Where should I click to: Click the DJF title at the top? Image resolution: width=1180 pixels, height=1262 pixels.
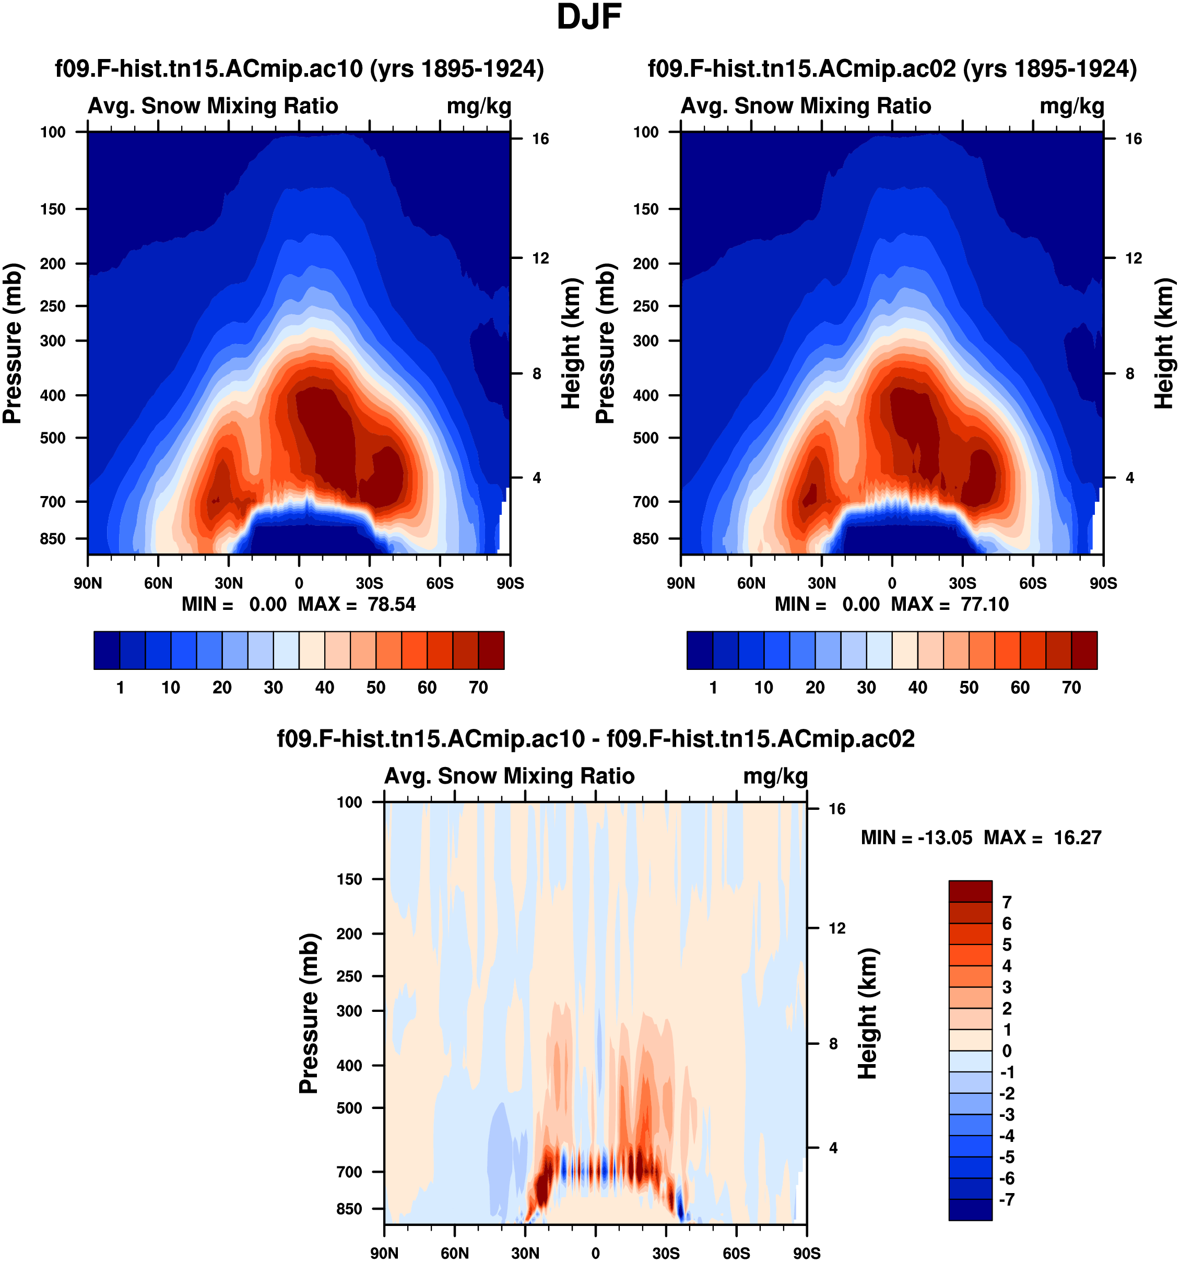pos(588,18)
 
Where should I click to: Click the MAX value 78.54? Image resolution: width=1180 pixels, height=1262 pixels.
pos(392,604)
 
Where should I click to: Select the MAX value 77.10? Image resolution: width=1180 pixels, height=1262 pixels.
pos(985,604)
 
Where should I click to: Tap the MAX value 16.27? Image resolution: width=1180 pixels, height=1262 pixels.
pos(1077,838)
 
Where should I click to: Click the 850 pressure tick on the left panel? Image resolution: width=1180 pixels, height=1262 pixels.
pos(53,539)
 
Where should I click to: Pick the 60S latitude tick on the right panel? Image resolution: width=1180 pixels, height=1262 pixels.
pos(1033,583)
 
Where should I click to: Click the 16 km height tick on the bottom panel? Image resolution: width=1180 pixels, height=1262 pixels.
pos(836,809)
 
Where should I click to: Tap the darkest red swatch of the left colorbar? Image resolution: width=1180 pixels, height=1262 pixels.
pos(491,650)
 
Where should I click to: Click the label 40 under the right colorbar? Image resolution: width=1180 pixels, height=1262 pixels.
pos(917,688)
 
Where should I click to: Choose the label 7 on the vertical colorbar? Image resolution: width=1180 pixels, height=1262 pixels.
pos(1007,902)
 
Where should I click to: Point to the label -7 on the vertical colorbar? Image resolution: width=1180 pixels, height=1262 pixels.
pos(1007,1200)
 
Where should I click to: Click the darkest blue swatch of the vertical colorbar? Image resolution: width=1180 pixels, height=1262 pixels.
pos(970,1210)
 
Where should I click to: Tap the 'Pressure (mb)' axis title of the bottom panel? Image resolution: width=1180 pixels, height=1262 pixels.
pos(309,1013)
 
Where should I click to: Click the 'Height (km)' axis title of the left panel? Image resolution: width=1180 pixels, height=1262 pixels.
pos(571,343)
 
